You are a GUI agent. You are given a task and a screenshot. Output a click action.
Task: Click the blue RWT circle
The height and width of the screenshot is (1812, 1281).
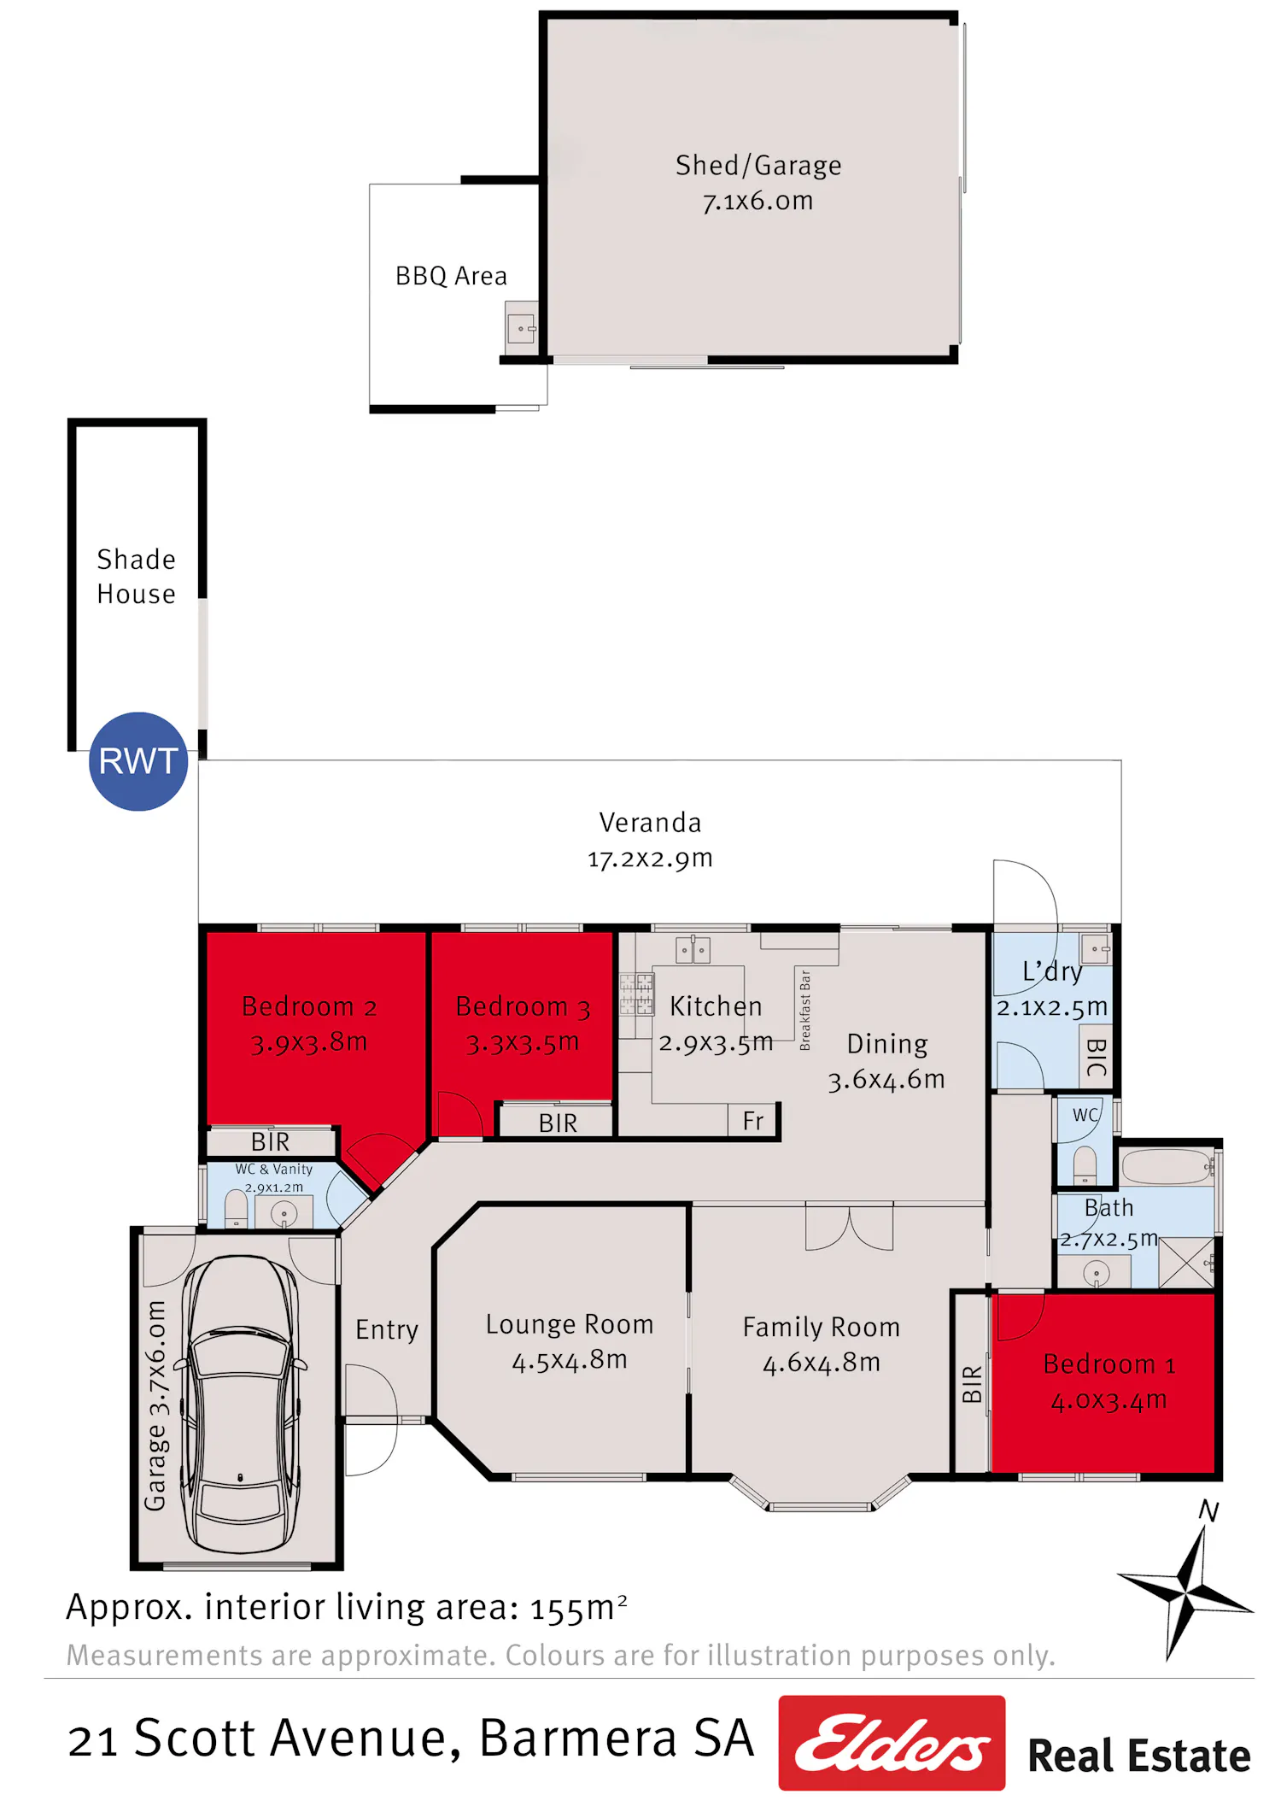(138, 761)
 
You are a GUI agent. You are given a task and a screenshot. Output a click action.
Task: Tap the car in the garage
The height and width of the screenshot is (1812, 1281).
(242, 1403)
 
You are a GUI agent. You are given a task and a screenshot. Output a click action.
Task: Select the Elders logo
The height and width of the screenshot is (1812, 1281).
(892, 1742)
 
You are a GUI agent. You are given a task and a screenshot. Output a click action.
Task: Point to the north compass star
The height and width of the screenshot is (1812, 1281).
(1185, 1591)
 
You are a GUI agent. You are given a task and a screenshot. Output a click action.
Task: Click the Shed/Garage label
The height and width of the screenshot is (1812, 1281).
(758, 165)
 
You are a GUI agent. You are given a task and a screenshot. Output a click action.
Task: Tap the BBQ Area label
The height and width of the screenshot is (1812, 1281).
(451, 276)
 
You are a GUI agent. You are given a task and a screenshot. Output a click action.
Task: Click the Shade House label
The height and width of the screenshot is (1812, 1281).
(137, 577)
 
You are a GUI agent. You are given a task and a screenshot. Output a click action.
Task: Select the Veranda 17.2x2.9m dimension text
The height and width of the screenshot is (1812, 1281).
(650, 859)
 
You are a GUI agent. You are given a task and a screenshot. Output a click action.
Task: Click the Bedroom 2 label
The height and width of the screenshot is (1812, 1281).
(309, 1006)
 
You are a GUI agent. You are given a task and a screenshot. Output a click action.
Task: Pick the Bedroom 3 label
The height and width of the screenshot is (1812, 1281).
(523, 1006)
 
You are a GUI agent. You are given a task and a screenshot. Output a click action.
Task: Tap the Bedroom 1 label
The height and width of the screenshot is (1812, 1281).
(1109, 1363)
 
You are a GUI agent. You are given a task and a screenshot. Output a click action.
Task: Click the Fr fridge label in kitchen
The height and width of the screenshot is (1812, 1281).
(753, 1120)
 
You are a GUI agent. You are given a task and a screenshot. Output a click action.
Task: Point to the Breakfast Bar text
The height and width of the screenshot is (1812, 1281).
(804, 1010)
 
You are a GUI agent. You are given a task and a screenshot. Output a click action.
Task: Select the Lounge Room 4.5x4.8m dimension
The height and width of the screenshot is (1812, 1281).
(570, 1359)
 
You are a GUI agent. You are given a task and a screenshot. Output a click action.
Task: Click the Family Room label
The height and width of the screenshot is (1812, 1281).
(822, 1327)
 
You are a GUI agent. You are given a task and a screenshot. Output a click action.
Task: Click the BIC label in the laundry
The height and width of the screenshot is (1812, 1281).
(1097, 1058)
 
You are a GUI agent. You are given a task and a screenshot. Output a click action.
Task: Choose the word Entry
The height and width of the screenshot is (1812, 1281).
(387, 1330)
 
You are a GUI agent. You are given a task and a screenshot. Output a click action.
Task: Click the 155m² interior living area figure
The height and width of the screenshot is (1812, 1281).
(579, 1608)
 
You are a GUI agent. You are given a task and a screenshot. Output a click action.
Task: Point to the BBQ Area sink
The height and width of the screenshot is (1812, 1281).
(521, 328)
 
